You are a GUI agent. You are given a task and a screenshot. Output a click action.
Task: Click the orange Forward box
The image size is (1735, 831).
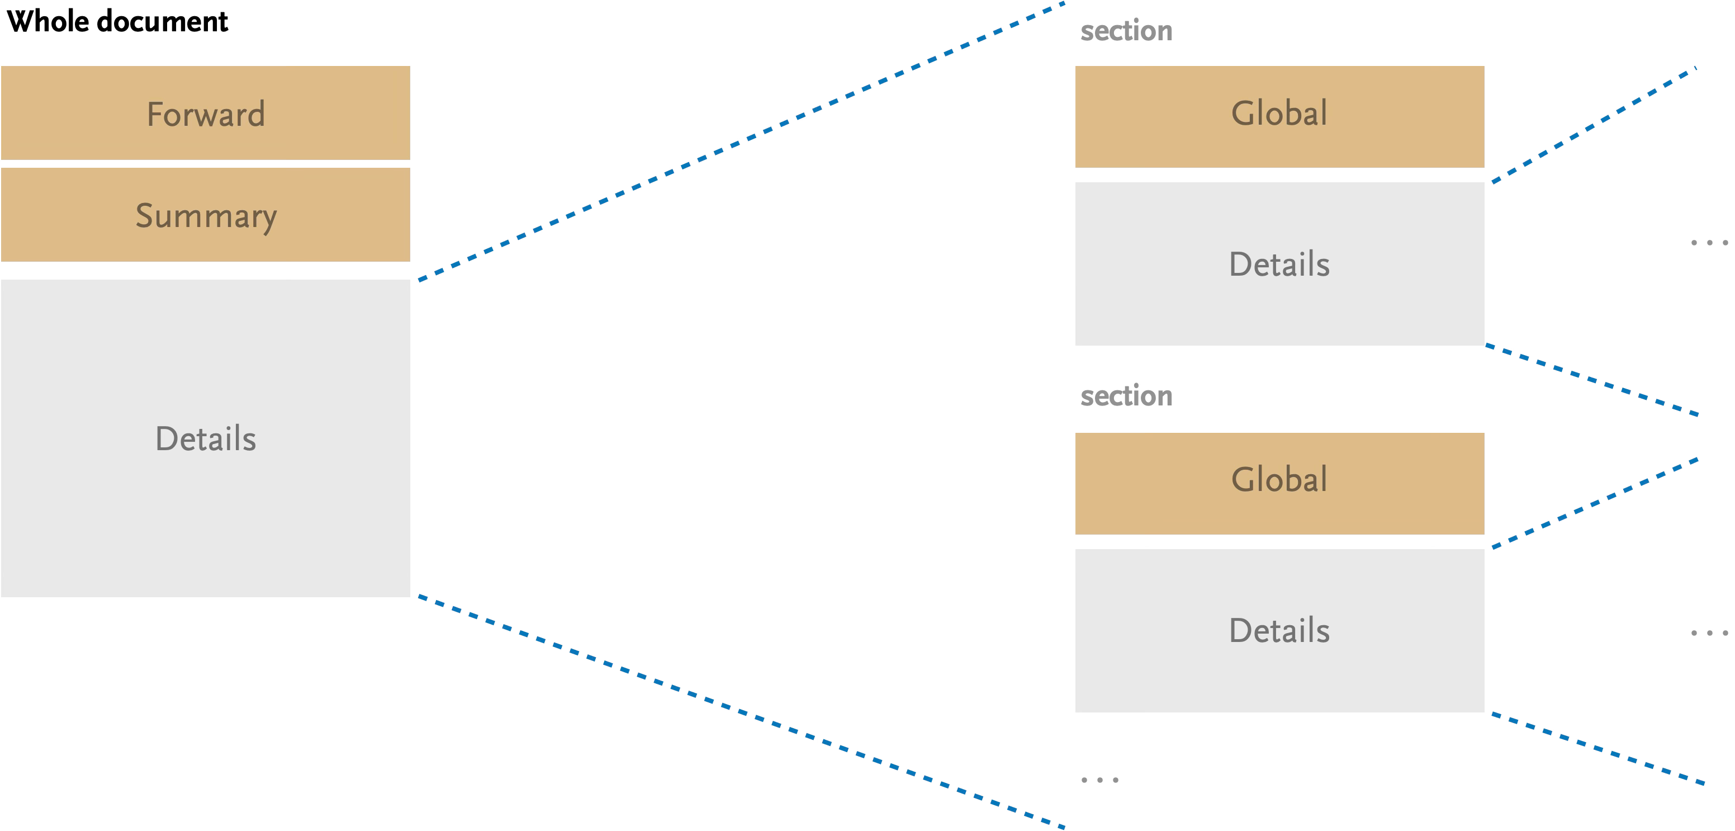point(206,112)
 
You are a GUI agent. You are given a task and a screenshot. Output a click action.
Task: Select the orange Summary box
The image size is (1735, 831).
point(206,214)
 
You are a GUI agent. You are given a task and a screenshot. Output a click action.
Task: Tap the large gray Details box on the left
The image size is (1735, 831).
point(206,438)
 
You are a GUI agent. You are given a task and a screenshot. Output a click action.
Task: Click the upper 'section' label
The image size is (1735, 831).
point(1126,31)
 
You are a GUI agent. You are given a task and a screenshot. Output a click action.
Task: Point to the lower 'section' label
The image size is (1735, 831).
point(1126,396)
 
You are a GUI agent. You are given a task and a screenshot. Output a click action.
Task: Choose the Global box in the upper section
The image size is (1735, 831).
point(1279,116)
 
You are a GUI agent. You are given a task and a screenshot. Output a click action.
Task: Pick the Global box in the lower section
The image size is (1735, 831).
point(1279,483)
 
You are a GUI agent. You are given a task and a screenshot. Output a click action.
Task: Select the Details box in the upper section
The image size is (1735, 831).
point(1279,263)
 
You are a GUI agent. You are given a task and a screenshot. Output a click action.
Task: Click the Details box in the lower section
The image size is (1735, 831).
point(1279,630)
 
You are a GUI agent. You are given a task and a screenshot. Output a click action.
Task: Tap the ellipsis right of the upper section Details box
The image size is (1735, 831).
point(1709,243)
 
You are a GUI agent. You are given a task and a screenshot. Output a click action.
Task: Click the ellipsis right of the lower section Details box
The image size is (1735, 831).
point(1709,633)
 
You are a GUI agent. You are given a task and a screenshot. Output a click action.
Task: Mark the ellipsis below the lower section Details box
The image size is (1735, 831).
point(1099,780)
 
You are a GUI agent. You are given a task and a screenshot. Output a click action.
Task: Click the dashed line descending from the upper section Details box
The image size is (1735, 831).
point(1594,380)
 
